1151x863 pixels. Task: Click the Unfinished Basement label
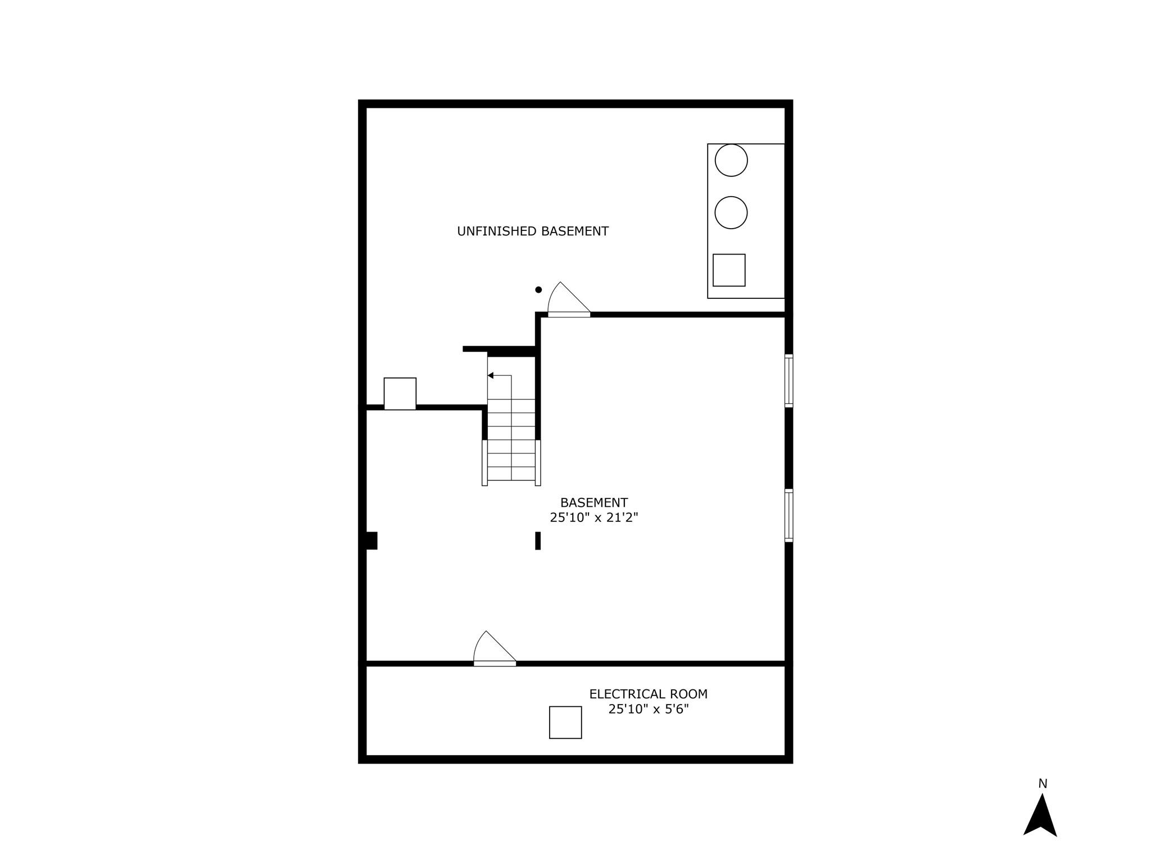(x=532, y=231)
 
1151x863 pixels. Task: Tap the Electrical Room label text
(x=648, y=694)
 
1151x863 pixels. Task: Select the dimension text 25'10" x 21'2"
(x=593, y=517)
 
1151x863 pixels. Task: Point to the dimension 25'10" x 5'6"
(x=648, y=709)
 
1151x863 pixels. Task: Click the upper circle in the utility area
(x=731, y=160)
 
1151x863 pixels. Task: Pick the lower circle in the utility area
(x=731, y=212)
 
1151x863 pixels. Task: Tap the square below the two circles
(x=729, y=270)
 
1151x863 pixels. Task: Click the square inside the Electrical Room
(x=565, y=722)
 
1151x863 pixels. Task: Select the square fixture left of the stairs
(x=400, y=393)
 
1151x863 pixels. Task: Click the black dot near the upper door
(x=538, y=290)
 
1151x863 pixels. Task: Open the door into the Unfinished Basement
(x=568, y=301)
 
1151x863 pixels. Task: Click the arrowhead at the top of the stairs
(x=491, y=375)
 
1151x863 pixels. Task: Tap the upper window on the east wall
(x=789, y=380)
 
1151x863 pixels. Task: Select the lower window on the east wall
(x=789, y=515)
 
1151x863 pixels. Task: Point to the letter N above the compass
(x=1043, y=783)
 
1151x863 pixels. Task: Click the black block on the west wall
(x=371, y=540)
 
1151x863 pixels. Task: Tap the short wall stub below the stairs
(x=538, y=540)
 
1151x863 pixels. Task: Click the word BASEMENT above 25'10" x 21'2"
(x=593, y=502)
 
